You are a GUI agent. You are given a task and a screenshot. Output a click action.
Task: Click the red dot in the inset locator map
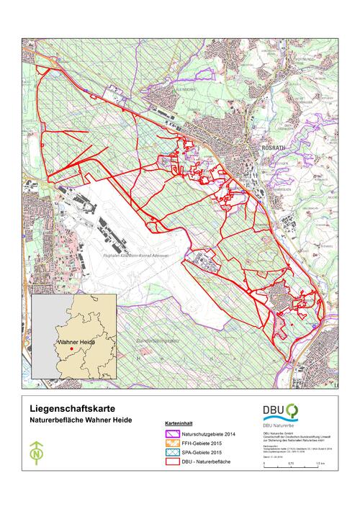[x=72, y=350]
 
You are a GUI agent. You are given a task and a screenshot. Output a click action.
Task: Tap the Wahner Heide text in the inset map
[x=77, y=343]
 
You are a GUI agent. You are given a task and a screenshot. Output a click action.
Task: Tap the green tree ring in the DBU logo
[x=292, y=410]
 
